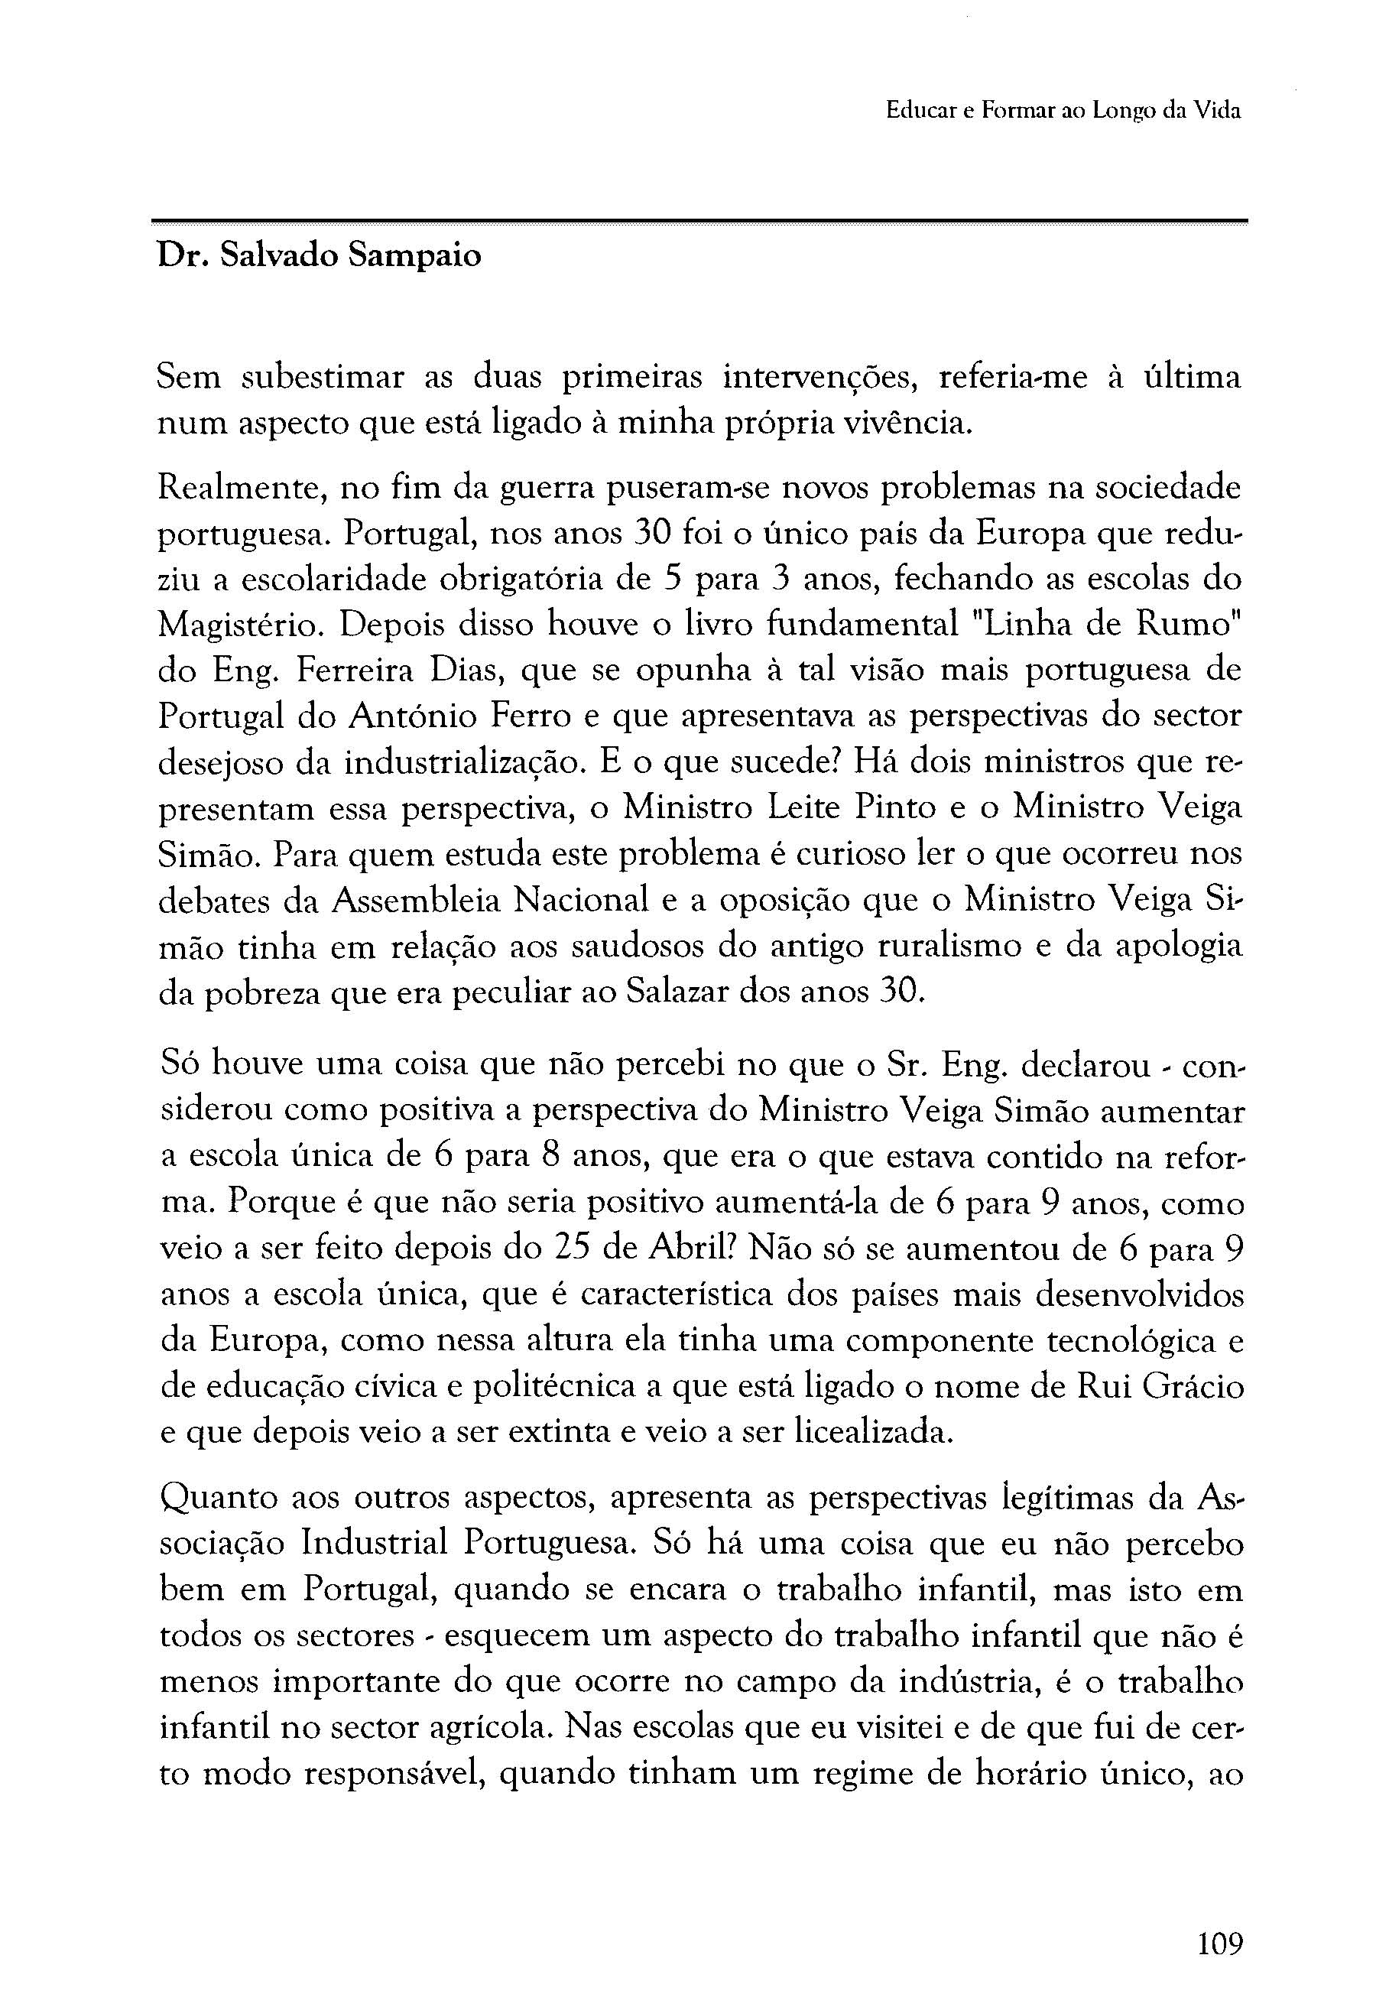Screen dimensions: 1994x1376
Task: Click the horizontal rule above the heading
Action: point(699,222)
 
